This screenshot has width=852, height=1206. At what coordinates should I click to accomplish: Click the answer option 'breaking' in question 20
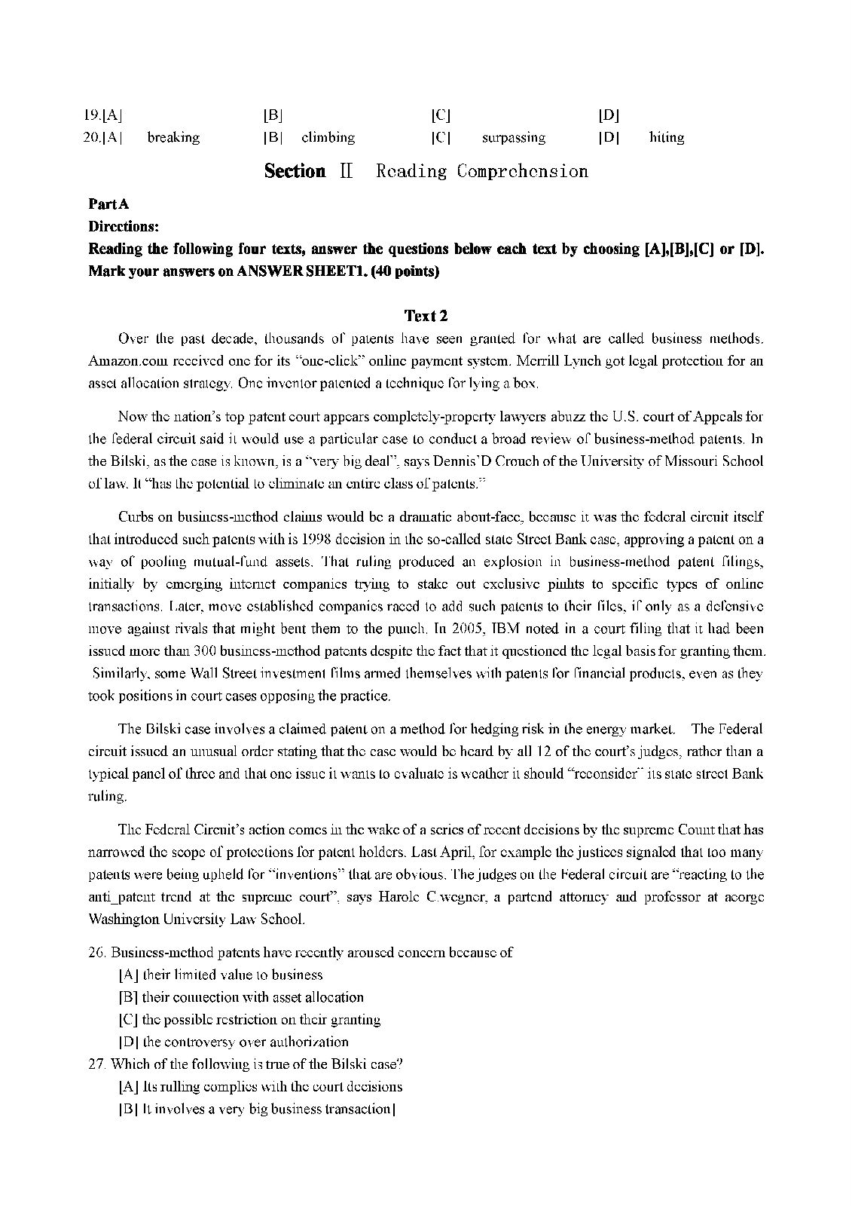[173, 138]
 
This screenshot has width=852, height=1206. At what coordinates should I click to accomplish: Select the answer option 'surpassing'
[513, 138]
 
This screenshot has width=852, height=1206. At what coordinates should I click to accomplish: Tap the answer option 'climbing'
[328, 138]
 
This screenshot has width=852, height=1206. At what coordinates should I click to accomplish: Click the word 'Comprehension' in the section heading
[522, 172]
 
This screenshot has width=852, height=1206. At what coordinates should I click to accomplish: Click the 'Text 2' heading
[426, 315]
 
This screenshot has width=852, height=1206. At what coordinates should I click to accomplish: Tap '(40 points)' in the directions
[404, 271]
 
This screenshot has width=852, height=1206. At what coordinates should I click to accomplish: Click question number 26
[97, 953]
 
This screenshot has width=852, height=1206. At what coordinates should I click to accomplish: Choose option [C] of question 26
[127, 1020]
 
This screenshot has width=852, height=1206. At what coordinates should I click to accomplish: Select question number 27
[97, 1064]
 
